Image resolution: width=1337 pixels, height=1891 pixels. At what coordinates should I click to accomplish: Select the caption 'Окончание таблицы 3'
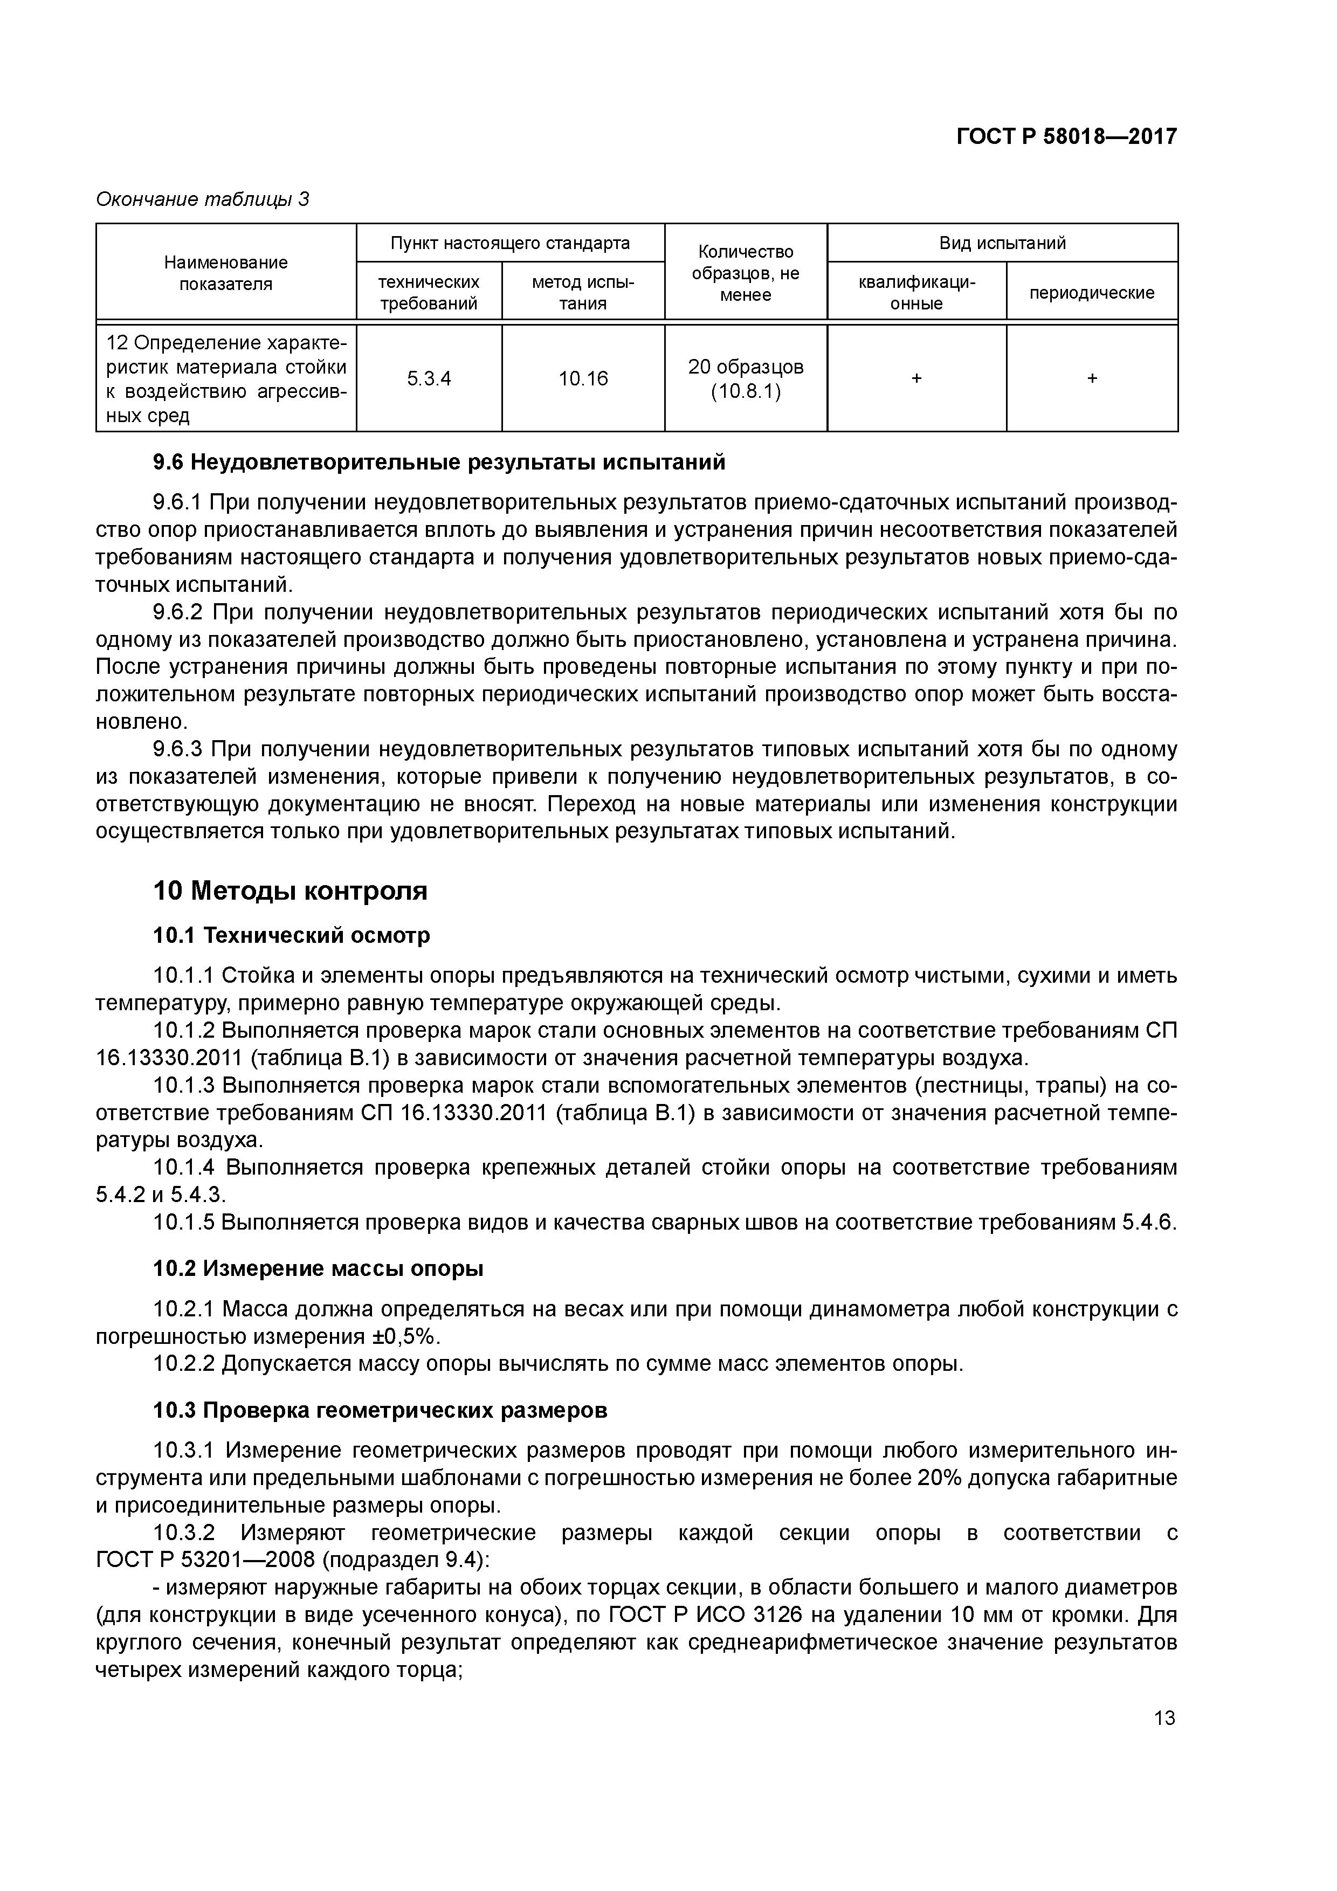point(203,199)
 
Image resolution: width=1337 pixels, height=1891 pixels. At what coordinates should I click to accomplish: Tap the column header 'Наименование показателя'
point(226,273)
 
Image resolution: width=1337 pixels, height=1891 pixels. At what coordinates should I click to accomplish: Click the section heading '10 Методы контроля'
point(290,891)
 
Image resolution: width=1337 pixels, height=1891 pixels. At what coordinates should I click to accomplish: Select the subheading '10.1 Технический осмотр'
point(292,936)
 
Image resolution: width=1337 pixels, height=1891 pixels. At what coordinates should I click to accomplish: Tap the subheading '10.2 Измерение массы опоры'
point(318,1269)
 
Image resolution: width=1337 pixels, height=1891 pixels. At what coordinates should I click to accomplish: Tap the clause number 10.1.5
point(184,1222)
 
